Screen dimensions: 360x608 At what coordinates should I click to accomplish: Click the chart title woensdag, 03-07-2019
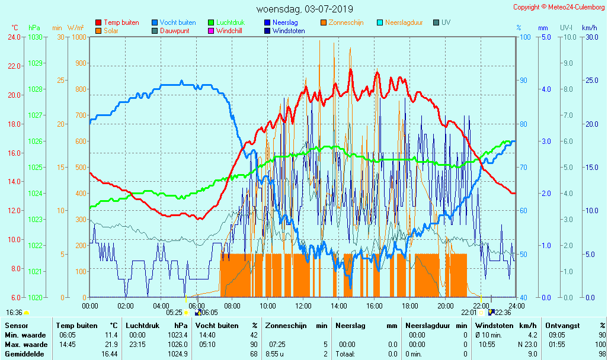tap(305, 9)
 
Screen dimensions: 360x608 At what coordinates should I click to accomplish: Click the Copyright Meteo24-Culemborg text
tap(559, 7)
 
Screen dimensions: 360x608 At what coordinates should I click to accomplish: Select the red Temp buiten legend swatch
tap(98, 22)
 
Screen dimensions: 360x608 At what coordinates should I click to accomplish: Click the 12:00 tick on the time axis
tap(303, 306)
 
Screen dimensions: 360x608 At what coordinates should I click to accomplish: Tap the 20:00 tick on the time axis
tap(446, 306)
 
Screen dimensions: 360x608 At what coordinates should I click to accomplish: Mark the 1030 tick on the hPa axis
tap(35, 37)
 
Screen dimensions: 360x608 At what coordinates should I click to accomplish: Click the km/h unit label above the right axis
tap(589, 28)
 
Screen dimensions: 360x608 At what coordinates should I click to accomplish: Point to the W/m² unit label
tap(75, 28)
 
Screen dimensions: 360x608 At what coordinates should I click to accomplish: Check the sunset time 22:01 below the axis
tap(469, 312)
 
